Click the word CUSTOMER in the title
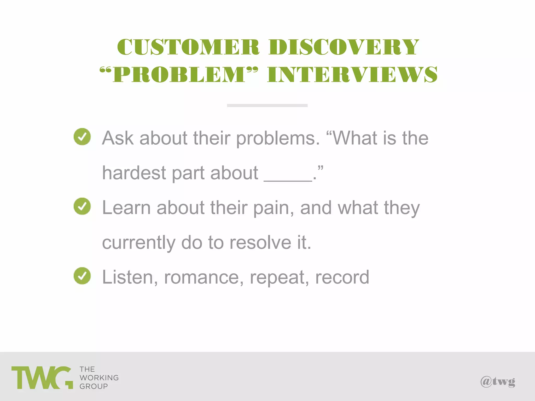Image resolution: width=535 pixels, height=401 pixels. [188, 47]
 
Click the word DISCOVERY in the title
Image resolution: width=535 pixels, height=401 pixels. [344, 47]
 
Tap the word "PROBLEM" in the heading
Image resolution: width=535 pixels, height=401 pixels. [179, 74]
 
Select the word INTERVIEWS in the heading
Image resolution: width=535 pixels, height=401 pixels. [352, 74]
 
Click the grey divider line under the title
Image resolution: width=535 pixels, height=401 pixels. [267, 105]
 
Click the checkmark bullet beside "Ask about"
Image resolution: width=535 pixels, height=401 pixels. [82, 137]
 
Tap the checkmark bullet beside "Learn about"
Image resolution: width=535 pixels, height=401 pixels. [82, 206]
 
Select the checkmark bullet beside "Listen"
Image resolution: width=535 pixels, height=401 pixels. [82, 276]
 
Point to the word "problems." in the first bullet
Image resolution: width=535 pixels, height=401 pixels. [278, 138]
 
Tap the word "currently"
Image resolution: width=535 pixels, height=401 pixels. [138, 243]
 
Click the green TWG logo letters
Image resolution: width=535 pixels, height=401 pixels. [42, 378]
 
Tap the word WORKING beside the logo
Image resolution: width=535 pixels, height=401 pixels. [99, 378]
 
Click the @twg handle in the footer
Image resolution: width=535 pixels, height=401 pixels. [498, 382]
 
